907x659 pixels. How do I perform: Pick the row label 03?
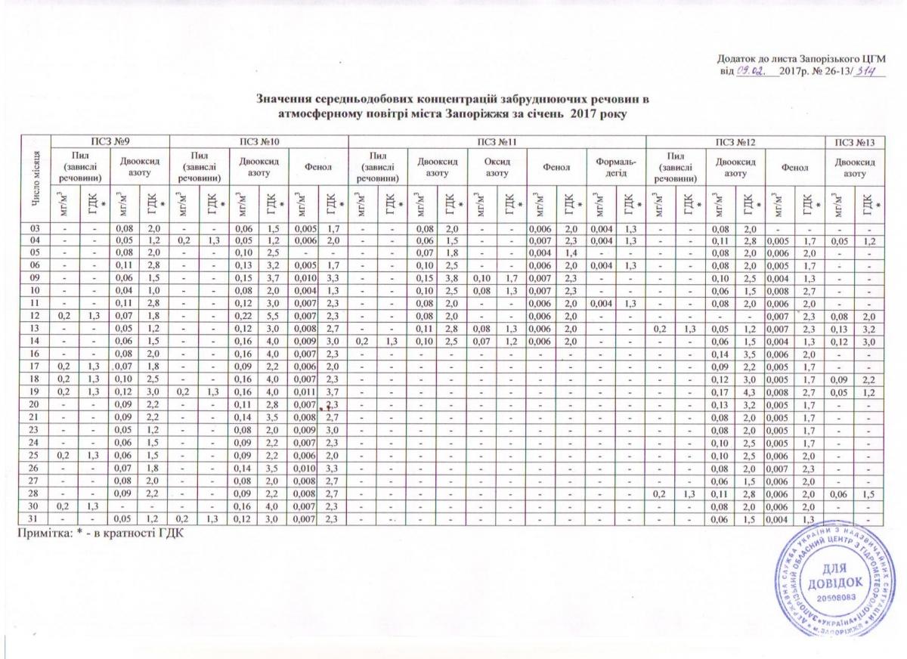coord(35,227)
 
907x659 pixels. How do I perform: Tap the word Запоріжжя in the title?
coord(501,113)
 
